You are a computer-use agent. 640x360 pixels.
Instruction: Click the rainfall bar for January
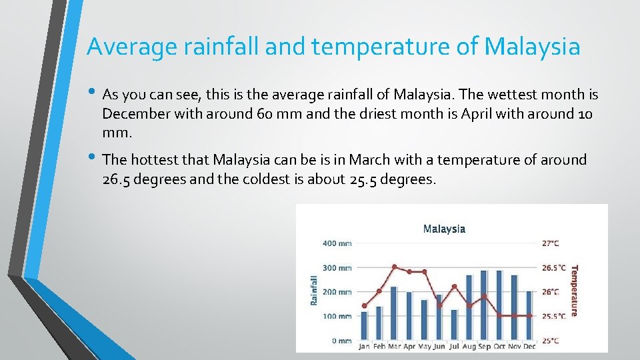tap(364, 325)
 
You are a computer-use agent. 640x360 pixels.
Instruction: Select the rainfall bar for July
tap(454, 325)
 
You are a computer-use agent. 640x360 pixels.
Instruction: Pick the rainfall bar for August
tap(469, 307)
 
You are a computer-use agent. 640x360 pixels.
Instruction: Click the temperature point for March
tap(394, 267)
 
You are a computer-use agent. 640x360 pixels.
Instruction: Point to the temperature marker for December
tap(529, 315)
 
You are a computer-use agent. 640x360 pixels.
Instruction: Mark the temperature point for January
tap(364, 306)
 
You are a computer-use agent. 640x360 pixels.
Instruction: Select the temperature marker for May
tap(424, 272)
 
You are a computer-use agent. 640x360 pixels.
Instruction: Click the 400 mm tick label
tap(337, 243)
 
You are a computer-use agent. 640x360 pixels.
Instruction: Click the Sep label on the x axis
tap(484, 347)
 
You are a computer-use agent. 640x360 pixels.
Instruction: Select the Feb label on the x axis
tap(379, 347)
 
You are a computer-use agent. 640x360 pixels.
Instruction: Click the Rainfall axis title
tap(315, 291)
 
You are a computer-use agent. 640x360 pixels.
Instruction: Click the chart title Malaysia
tap(444, 229)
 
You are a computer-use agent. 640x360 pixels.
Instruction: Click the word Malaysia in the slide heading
tap(532, 47)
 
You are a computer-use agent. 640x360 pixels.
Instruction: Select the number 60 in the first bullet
tap(265, 113)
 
